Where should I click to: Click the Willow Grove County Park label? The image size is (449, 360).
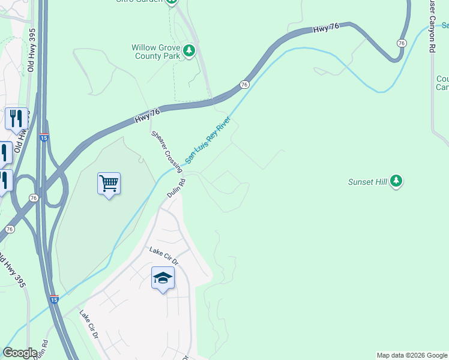coord(155,52)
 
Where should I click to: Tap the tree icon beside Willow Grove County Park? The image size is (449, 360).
coord(190,50)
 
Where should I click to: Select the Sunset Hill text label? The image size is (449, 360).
coord(367,182)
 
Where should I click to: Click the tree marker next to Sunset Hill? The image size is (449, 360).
coord(396,180)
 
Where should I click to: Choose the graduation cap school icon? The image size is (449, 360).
coord(163,277)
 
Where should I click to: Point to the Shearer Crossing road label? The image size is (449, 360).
coord(166,151)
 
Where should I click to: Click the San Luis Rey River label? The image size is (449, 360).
coord(207,140)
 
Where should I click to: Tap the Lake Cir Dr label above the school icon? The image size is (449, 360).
coord(164,256)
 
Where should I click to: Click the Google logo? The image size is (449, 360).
coord(20,353)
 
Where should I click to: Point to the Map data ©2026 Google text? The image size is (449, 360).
coord(412,355)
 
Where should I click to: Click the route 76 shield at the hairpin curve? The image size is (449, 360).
coord(401,43)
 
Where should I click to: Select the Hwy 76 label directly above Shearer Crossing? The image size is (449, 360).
coord(147,116)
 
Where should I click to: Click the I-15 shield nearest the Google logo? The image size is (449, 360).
coord(53,299)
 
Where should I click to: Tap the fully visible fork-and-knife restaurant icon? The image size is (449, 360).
coord(16,118)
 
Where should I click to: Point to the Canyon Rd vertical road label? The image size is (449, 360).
coord(430,27)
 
